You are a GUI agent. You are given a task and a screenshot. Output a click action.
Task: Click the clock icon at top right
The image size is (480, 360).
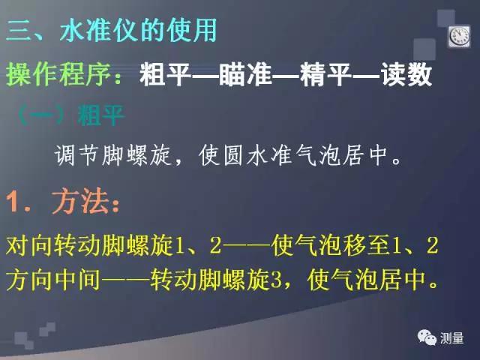(x=457, y=34)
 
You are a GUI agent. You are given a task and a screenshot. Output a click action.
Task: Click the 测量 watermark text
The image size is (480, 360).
(x=453, y=338)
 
